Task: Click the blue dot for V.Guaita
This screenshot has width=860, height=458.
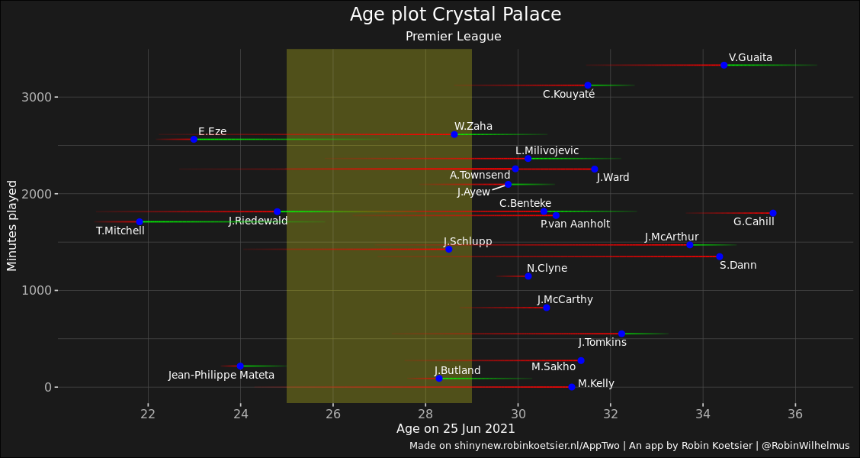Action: click(x=724, y=65)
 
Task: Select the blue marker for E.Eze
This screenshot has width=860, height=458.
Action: click(x=194, y=140)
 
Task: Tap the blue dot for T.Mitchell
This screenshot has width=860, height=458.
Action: click(x=140, y=221)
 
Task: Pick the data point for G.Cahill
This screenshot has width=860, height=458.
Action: click(x=772, y=213)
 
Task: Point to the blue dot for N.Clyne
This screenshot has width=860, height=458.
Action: click(x=528, y=276)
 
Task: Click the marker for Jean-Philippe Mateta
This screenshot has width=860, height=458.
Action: click(x=240, y=366)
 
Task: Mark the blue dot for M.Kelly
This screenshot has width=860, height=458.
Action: click(x=572, y=387)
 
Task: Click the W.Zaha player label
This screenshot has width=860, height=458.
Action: click(x=473, y=126)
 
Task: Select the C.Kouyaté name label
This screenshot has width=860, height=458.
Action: click(x=569, y=94)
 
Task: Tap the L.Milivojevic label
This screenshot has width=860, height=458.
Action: click(x=547, y=151)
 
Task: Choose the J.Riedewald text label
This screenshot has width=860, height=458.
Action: click(x=258, y=221)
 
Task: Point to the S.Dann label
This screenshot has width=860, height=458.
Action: click(x=738, y=266)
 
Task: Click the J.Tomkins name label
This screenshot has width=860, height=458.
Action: click(x=602, y=343)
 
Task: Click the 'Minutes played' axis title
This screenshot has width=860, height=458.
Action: click(x=12, y=225)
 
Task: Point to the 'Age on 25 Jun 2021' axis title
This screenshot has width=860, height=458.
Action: click(x=455, y=429)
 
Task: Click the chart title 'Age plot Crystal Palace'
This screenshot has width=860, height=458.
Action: click(x=455, y=15)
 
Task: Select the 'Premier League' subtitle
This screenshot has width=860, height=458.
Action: click(x=453, y=37)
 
